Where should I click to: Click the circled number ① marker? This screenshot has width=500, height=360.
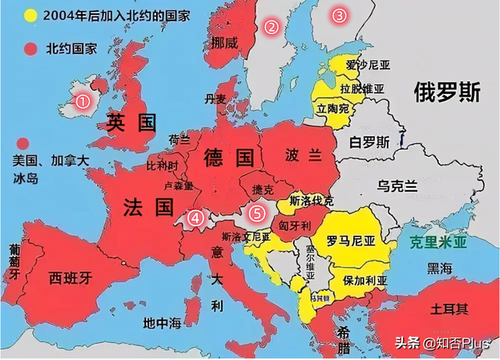coord(83,100)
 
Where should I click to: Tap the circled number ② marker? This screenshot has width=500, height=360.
coord(272,27)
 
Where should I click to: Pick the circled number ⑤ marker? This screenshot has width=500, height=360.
coord(255,211)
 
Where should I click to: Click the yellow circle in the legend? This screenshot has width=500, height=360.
coord(30,15)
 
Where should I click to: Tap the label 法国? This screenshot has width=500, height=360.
coord(148,207)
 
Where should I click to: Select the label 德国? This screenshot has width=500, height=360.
coord(229,159)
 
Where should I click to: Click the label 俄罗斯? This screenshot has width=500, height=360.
coord(446,92)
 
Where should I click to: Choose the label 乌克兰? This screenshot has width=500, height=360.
coord(398,186)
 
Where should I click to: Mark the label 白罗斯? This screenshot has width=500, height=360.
coord(370,142)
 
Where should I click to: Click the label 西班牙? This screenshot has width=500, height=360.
coord(70,277)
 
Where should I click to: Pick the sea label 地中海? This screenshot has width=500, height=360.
coord(162,323)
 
